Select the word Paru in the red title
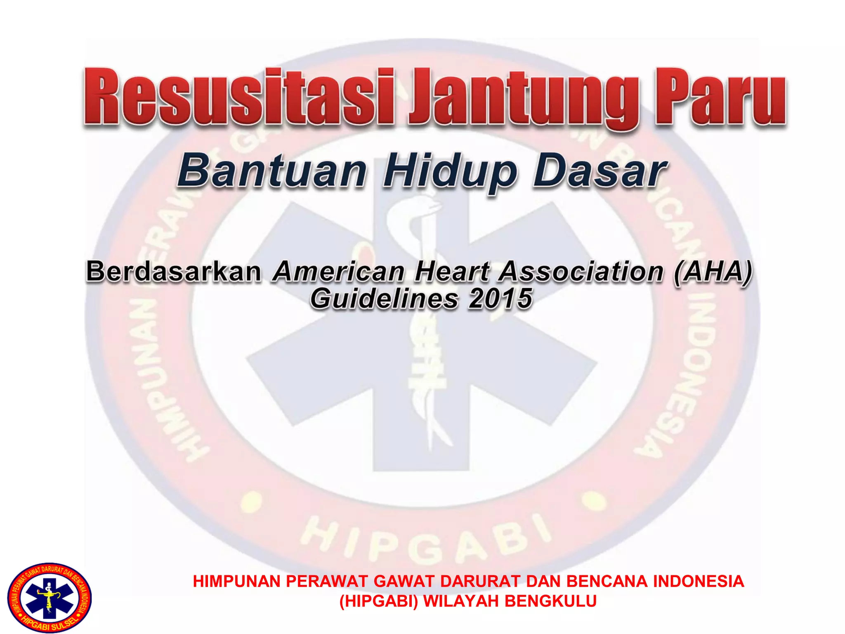click(720, 97)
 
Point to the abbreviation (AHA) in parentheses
click(713, 272)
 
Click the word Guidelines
click(384, 299)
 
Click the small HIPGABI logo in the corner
click(50, 597)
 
